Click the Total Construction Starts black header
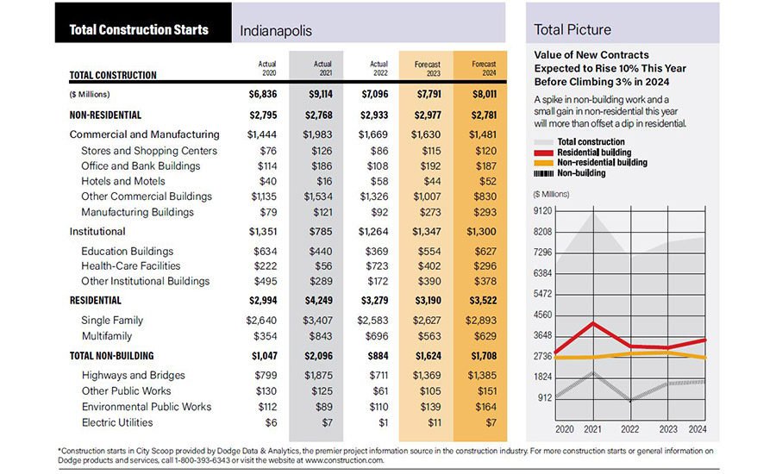(x=139, y=29)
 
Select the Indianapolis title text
(x=276, y=31)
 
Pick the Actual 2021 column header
(x=322, y=68)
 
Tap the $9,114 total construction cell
(x=322, y=93)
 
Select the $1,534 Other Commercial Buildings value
(x=322, y=196)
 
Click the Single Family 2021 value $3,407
(x=322, y=320)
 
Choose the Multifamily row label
(x=107, y=335)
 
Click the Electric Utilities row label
(x=117, y=422)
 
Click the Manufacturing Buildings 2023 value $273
(x=428, y=212)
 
